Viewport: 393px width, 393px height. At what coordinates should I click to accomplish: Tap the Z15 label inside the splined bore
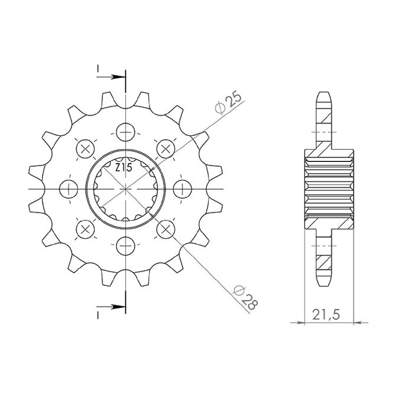pos(124,168)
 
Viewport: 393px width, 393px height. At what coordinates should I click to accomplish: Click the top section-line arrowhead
pos(118,77)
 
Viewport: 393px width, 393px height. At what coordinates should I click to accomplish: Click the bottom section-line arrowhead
pos(118,312)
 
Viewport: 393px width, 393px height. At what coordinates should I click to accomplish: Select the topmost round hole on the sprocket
pos(126,132)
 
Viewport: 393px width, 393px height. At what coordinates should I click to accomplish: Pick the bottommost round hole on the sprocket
pos(126,246)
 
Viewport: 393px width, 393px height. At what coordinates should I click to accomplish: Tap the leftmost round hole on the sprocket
pos(69,189)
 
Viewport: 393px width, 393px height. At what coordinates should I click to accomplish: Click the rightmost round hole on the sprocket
pos(183,189)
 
